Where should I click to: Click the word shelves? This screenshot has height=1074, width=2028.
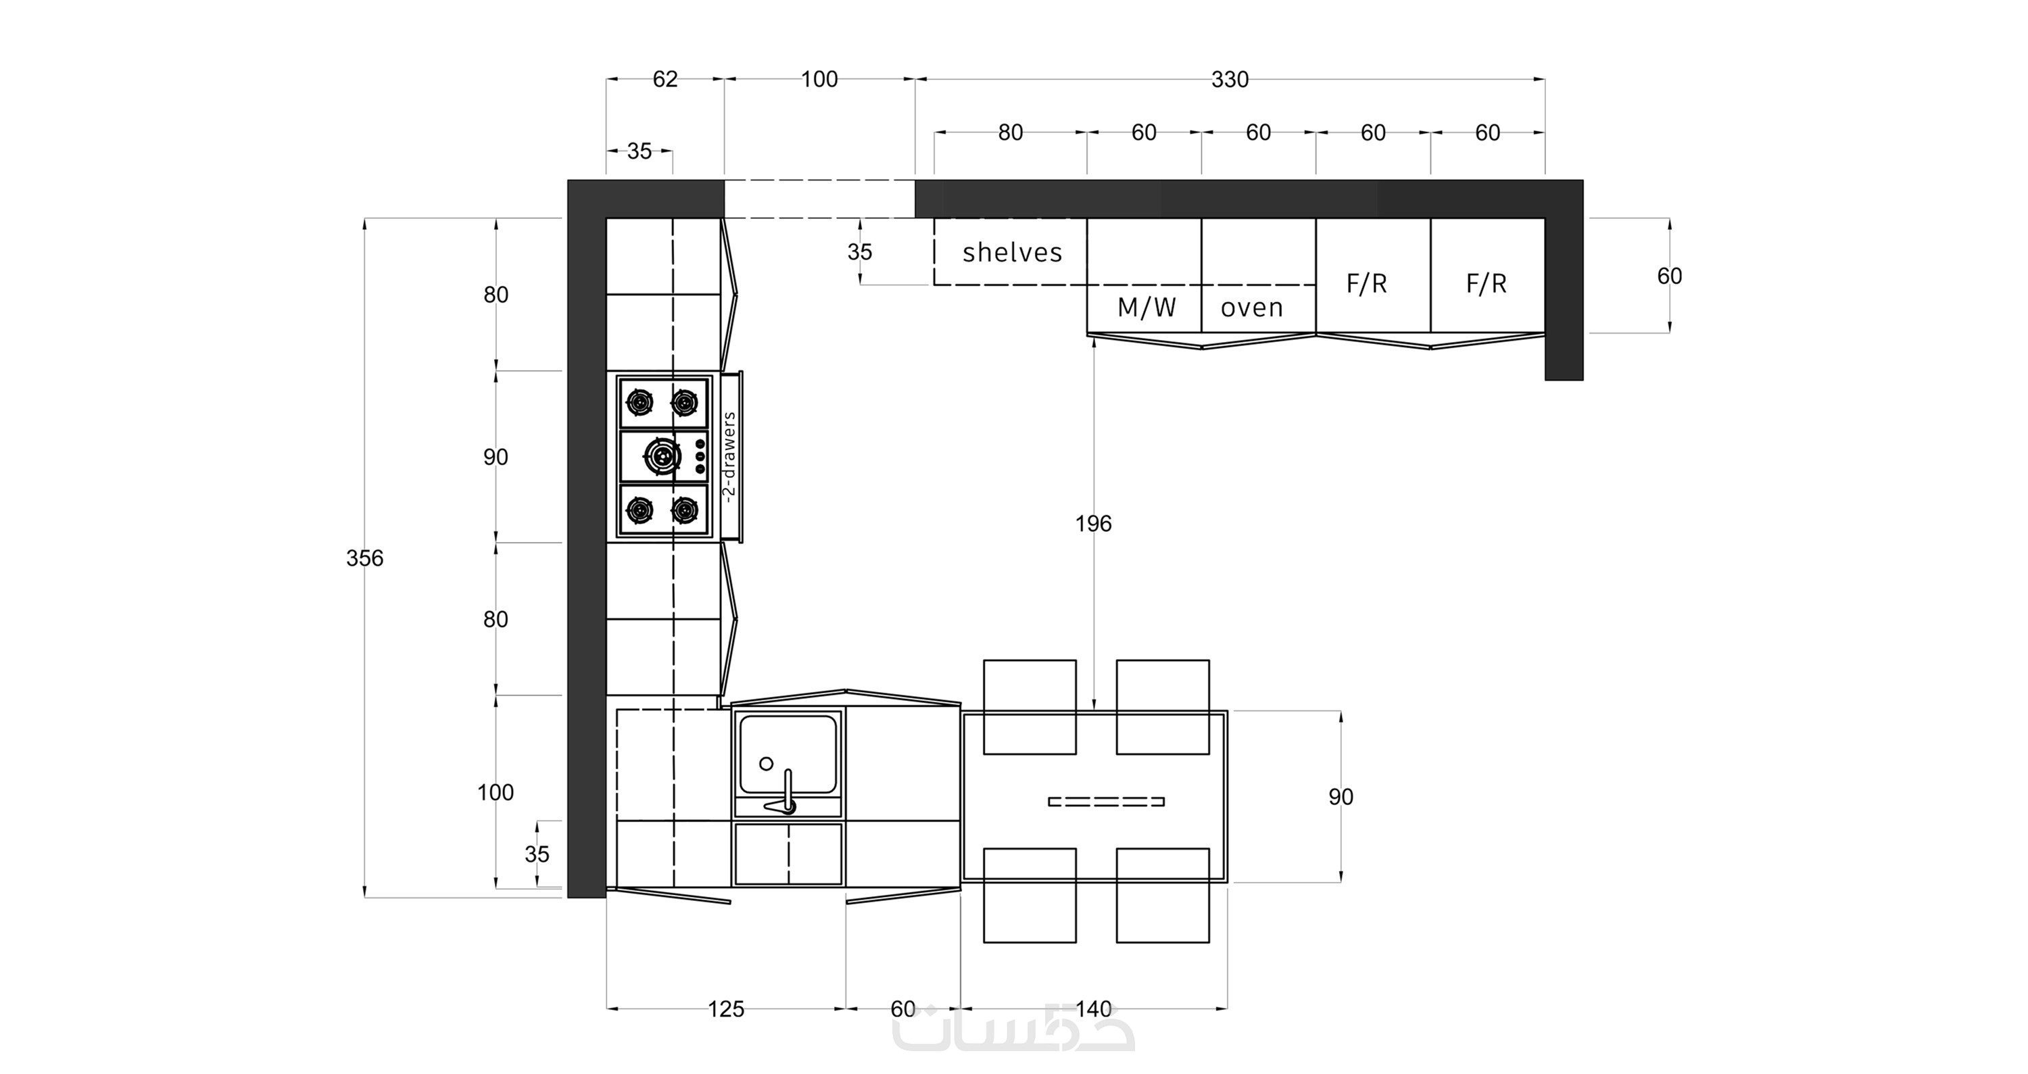1013,252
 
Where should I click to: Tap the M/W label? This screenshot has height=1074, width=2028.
1146,307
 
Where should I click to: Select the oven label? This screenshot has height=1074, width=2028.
1252,308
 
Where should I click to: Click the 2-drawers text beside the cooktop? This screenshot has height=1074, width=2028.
729,457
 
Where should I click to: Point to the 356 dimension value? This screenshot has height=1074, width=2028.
364,558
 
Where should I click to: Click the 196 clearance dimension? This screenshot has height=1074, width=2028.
1094,524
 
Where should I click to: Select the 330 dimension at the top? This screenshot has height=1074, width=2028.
1230,80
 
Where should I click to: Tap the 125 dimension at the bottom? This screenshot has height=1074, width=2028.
726,1008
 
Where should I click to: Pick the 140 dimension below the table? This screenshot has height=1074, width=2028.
1094,1008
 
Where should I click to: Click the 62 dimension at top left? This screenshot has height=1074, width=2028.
665,80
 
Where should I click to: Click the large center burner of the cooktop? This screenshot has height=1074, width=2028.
663,456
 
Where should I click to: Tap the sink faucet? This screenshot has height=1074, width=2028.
783,794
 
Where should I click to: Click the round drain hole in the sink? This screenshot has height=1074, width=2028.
766,763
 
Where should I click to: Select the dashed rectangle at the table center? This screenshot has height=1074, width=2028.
1106,802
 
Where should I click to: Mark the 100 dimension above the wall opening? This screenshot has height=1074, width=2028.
819,80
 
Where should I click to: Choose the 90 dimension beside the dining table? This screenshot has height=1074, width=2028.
1341,797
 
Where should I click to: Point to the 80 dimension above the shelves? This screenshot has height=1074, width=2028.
1011,133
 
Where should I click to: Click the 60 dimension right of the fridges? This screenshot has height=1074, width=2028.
1669,276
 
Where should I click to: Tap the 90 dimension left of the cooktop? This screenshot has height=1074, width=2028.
496,457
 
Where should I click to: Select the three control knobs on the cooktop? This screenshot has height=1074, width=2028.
699,456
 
